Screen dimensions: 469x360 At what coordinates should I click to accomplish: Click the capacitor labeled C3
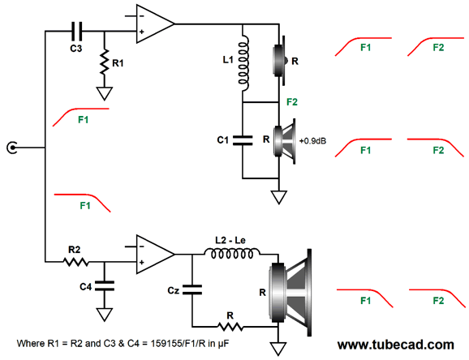coord(76,31)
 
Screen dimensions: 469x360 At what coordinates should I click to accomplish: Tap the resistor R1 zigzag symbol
coord(104,62)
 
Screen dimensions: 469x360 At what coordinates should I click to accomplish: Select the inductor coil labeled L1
coord(243,62)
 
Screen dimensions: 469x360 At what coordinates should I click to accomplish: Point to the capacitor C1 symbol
coord(243,140)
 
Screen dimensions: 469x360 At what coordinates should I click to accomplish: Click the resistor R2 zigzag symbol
coord(75,262)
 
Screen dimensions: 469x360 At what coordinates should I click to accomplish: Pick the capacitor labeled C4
coord(104,286)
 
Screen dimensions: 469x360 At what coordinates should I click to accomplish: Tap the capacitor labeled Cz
coord(192,289)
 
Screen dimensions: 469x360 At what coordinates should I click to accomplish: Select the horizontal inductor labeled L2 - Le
coord(232,254)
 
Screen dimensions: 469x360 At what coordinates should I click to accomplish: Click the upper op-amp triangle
coord(155,24)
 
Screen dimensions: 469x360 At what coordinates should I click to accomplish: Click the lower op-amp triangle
coord(155,254)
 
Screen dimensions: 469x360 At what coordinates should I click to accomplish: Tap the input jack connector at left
coord(12,148)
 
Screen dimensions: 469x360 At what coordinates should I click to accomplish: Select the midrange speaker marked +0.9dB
coord(285,141)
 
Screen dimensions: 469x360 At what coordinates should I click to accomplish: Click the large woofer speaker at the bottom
coord(290,292)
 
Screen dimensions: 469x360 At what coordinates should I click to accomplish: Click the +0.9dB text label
coord(312,141)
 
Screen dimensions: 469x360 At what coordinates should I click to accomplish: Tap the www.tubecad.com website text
coord(396,345)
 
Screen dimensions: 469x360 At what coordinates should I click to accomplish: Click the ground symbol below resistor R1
coord(104,93)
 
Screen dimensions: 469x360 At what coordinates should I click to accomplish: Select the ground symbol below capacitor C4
coord(104,315)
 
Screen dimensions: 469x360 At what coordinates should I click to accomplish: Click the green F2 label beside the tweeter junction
coord(292,102)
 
